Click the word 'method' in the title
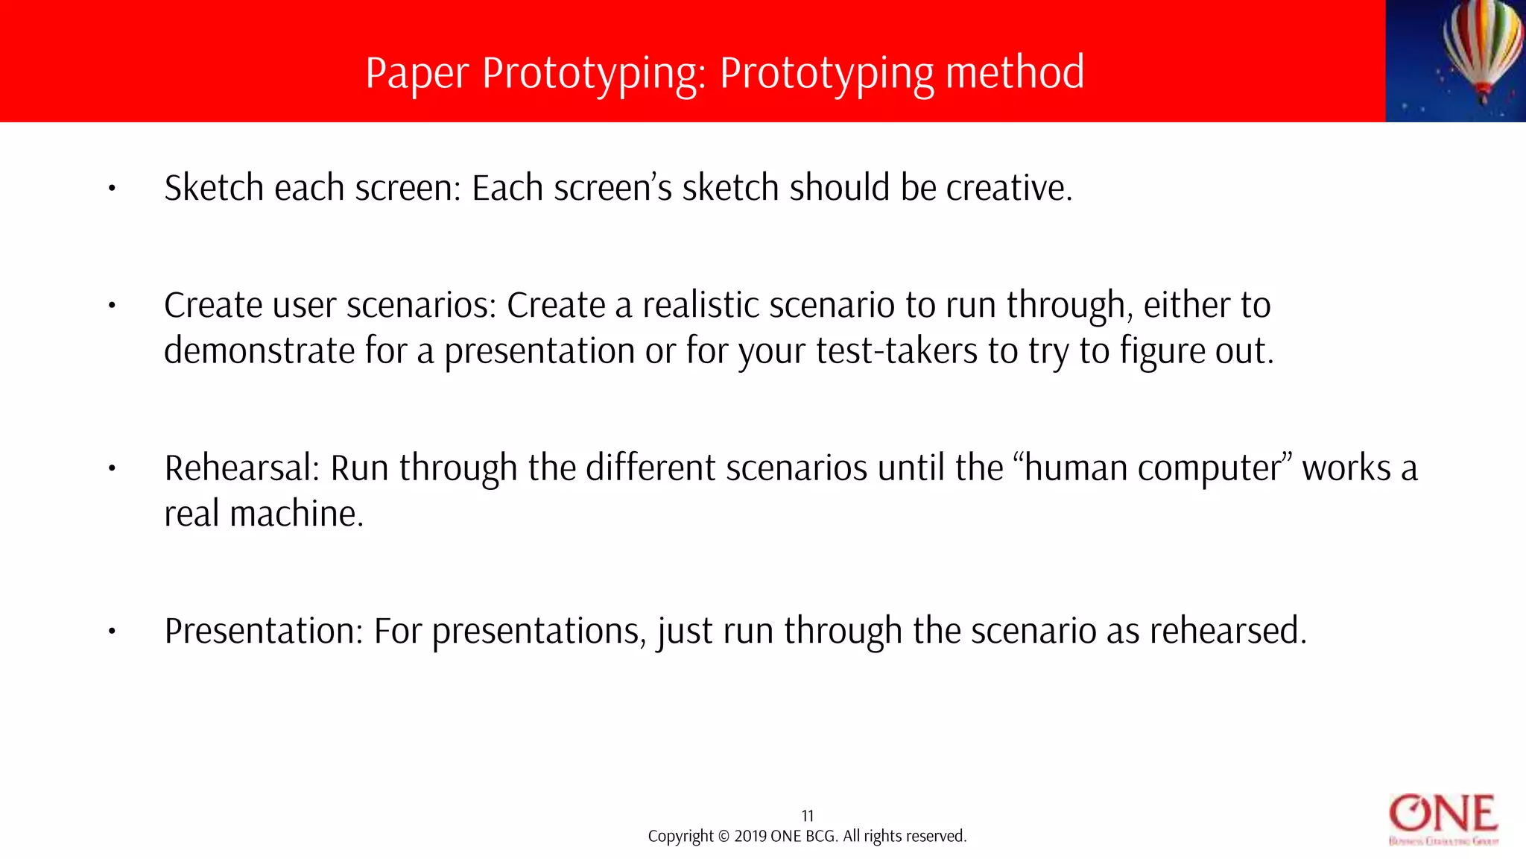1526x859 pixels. [x=1015, y=72]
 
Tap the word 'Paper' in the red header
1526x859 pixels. [x=417, y=74]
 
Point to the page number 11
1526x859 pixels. [x=808, y=816]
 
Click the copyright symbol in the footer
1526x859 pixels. [x=723, y=837]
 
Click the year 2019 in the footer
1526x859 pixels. [x=750, y=837]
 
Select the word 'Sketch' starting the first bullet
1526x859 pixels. [x=214, y=188]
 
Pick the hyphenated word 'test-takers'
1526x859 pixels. [x=896, y=351]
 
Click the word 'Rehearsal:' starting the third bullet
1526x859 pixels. [x=242, y=468]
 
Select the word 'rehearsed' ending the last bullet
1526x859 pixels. [x=1226, y=631]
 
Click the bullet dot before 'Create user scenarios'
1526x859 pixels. [x=112, y=306]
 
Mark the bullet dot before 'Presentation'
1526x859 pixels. [x=112, y=632]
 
